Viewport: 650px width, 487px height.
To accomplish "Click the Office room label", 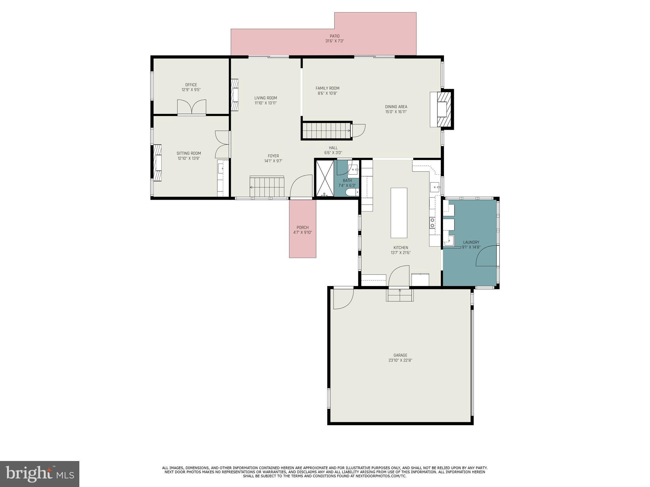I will pos(191,85).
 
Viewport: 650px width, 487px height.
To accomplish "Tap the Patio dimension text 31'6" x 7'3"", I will pos(335,41).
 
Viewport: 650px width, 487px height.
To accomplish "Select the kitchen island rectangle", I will pos(399,213).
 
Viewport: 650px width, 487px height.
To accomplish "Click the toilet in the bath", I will pos(352,192).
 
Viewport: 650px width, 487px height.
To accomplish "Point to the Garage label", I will pos(400,355).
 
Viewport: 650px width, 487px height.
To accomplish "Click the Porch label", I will pos(302,227).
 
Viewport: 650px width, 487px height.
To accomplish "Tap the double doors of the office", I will pos(191,107).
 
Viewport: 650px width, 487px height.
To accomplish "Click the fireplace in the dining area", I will pos(442,109).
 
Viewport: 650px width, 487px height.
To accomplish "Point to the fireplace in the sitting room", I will pos(157,163).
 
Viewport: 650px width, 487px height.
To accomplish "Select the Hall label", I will pos(333,148).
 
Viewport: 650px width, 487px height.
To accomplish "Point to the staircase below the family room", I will pos(326,131).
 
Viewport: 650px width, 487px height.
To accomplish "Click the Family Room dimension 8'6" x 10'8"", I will pos(327,94).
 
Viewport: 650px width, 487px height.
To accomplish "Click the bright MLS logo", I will pos(40,474).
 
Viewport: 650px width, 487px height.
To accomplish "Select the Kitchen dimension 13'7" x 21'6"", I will pos(401,253).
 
